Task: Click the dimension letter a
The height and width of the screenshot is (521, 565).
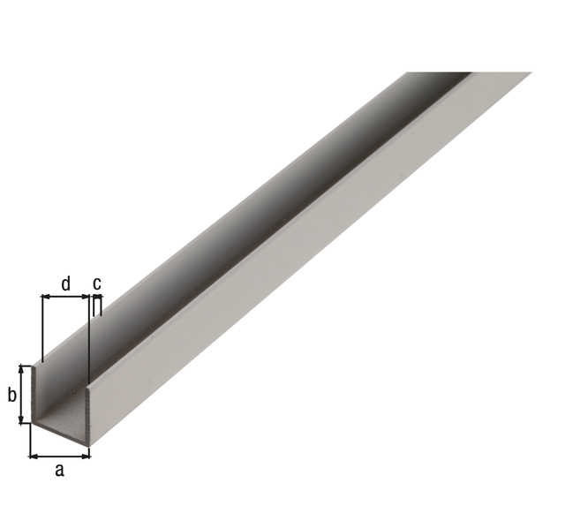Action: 59,470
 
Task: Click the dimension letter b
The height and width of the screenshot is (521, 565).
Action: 12,395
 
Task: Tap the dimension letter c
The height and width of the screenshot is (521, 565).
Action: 97,283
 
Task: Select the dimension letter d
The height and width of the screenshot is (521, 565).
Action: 65,283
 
